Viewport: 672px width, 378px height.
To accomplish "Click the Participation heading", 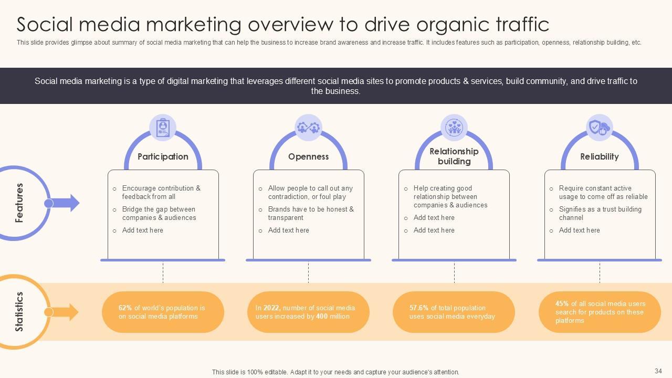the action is [163, 156].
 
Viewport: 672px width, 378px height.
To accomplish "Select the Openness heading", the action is [308, 156].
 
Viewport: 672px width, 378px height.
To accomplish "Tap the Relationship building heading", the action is [454, 156].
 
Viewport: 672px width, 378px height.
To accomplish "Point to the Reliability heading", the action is [600, 156].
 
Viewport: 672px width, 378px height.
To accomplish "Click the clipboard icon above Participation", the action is [163, 128].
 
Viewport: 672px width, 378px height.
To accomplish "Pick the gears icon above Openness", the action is [308, 128].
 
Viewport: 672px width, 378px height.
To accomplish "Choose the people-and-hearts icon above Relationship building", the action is [454, 128].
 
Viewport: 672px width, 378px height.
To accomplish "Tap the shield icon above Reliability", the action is [599, 128].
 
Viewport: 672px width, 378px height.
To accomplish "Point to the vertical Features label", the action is [19, 203].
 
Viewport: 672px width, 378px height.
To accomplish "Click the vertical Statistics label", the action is [19, 312].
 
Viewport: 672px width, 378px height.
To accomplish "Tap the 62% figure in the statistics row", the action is [125, 308].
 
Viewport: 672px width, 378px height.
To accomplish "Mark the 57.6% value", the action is [419, 308].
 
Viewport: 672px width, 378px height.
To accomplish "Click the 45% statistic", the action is [562, 303].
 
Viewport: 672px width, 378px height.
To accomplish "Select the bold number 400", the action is [322, 317].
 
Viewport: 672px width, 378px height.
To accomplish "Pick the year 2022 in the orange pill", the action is [271, 308].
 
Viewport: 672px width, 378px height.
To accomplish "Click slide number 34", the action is [658, 371].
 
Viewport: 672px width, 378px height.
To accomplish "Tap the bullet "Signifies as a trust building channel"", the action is [600, 213].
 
